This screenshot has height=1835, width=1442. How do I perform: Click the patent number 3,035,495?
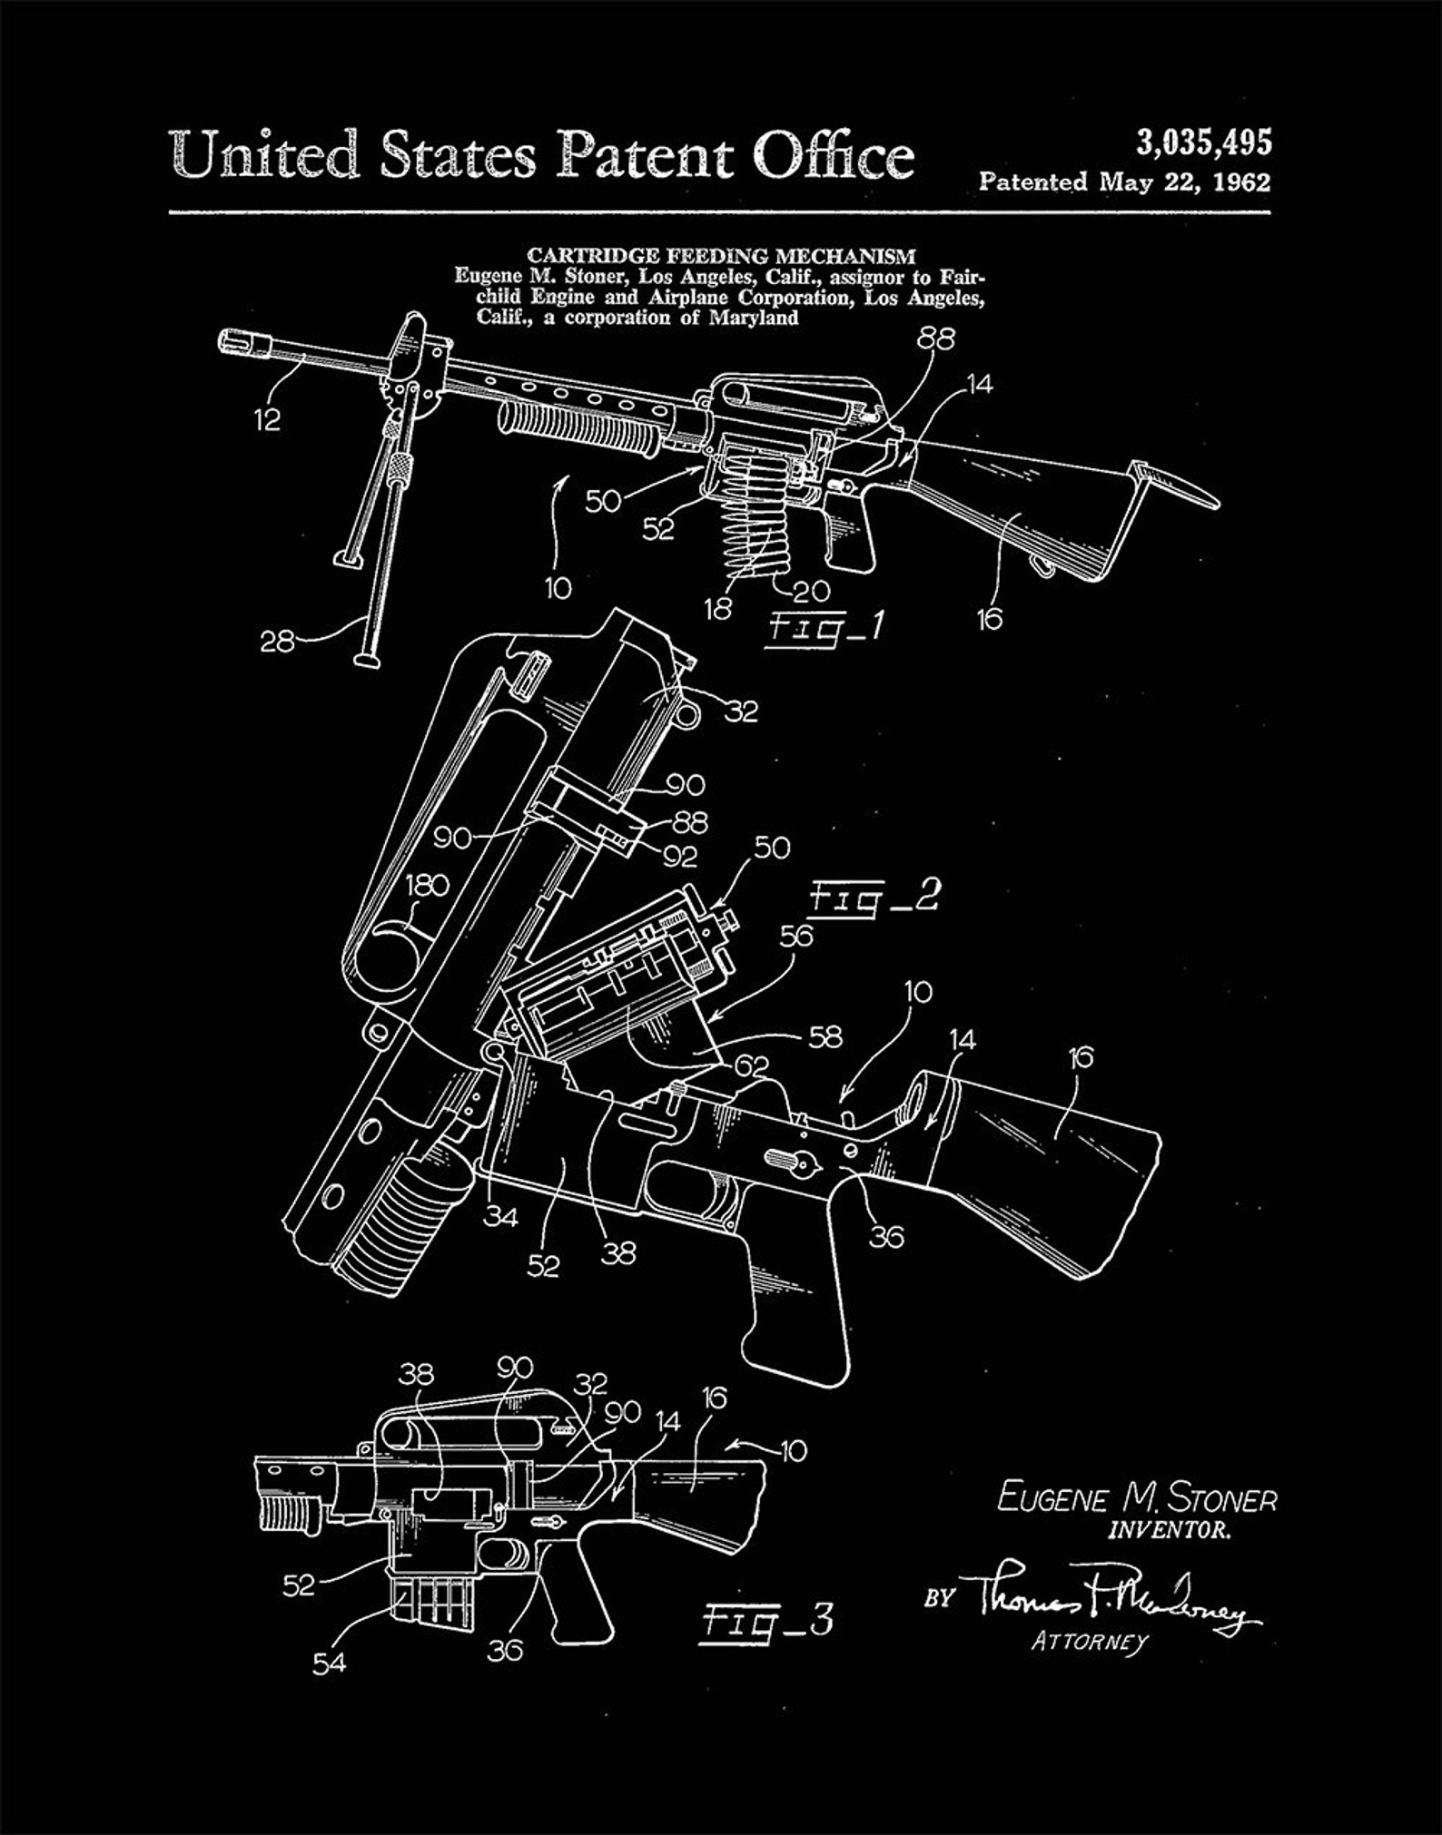1203,142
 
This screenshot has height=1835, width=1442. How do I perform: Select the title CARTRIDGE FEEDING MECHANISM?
721,257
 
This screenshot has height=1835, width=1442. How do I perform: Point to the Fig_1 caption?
825,628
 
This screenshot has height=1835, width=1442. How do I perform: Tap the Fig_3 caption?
767,1620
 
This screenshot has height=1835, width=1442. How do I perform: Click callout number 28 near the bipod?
277,643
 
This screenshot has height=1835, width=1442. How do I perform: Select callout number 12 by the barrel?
267,419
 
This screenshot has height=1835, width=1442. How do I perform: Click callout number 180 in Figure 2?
426,885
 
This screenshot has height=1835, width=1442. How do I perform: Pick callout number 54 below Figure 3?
329,1663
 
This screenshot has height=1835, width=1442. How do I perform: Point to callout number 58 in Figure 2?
824,1035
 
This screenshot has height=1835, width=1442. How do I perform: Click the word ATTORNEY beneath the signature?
1089,1642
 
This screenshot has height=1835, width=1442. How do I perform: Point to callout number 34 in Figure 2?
499,1216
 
